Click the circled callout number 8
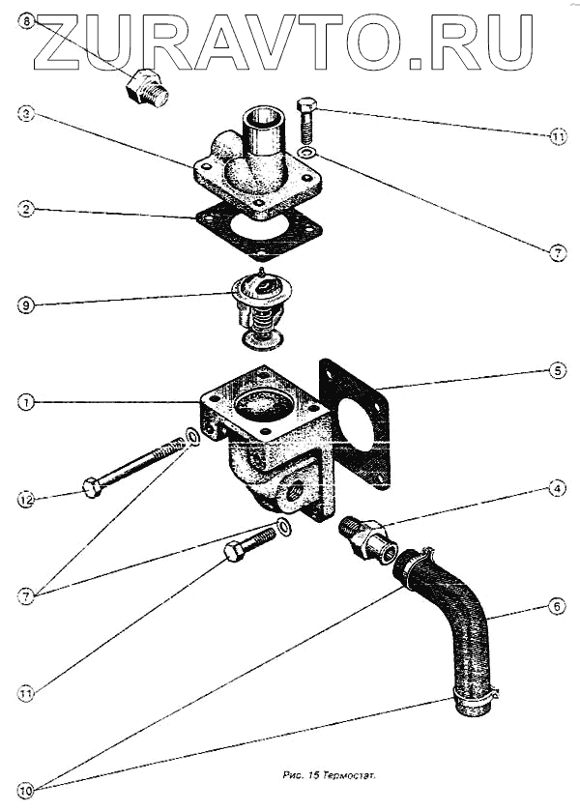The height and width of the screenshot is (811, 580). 26,20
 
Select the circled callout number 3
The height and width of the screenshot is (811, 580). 26,114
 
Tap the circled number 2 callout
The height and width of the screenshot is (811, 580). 26,208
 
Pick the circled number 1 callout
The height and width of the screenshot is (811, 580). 26,401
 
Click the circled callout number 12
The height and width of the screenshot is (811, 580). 26,499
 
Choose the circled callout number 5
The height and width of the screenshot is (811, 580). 558,370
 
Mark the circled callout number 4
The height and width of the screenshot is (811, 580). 558,489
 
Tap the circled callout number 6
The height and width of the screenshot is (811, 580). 558,606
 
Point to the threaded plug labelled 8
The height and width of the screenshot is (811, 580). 147,89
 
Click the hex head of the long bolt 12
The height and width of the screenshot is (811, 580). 92,488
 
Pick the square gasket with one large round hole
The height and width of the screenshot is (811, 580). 356,423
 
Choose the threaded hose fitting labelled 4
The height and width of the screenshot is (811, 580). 367,538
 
